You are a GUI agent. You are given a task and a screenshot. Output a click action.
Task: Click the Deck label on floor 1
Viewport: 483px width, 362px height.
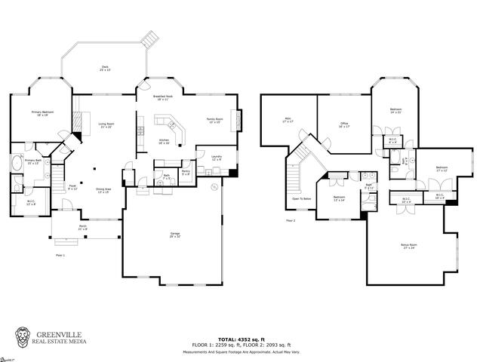(x=105, y=68)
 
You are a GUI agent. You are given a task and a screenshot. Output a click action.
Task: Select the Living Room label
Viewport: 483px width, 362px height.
(x=106, y=125)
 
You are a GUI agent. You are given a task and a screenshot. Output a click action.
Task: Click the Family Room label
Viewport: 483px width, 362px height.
(x=215, y=119)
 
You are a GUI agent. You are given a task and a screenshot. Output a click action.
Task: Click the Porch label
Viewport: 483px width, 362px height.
(x=83, y=227)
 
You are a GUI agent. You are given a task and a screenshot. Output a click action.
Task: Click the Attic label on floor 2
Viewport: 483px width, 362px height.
(x=288, y=119)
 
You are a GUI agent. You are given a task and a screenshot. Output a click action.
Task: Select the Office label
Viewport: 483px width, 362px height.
(x=343, y=124)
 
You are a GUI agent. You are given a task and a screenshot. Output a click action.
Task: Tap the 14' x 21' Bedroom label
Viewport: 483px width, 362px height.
(x=395, y=111)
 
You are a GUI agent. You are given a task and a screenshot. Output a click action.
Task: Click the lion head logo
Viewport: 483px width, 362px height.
(x=23, y=337)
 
